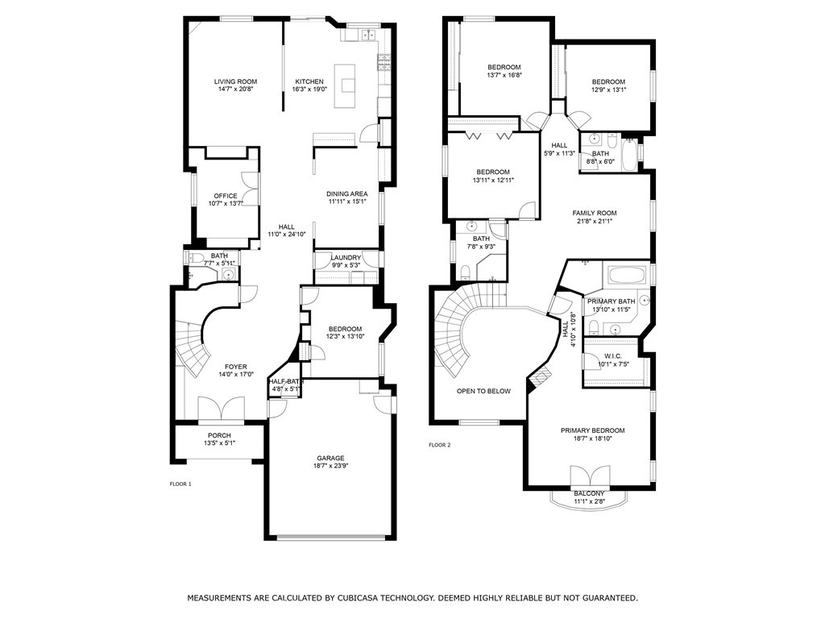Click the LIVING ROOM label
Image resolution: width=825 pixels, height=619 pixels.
click(235, 81)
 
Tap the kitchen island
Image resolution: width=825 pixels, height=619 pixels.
click(345, 85)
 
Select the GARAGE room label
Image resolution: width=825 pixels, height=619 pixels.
click(330, 458)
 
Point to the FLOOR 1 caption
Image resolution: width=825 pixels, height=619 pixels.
click(180, 484)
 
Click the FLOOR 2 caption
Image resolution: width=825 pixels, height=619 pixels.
click(440, 445)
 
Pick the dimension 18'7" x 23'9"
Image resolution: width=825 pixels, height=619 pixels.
click(330, 466)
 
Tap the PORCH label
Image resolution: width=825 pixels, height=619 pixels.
click(219, 435)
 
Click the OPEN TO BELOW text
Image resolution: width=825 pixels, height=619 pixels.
click(483, 391)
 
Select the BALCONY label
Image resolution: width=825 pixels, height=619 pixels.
click(589, 494)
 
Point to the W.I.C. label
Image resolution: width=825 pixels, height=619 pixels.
click(613, 356)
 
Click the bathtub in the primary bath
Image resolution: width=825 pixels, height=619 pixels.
click(627, 276)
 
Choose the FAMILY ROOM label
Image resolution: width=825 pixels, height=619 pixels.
click(595, 213)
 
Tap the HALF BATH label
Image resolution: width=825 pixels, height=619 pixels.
click(286, 381)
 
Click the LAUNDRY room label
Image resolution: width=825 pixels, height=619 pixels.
click(346, 257)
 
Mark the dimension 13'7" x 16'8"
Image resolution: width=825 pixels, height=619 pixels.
click(504, 75)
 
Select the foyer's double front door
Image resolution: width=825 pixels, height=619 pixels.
click(221, 409)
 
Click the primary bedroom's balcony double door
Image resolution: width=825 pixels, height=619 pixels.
click(591, 476)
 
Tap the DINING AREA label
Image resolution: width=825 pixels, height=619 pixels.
click(346, 193)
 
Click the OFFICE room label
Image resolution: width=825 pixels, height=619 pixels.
click(226, 196)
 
